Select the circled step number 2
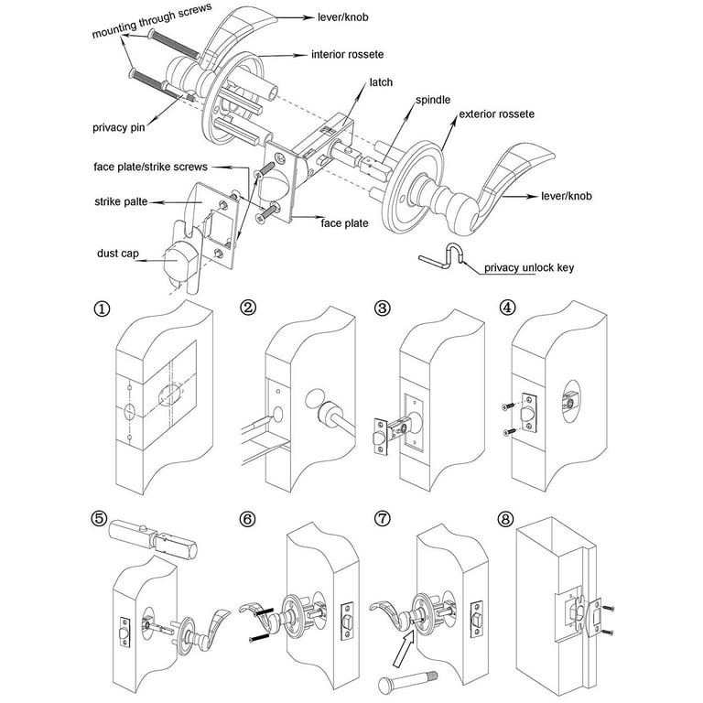tap(247, 308)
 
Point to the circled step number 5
tap(101, 516)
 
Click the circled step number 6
tap(247, 516)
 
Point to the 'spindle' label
tap(433, 99)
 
